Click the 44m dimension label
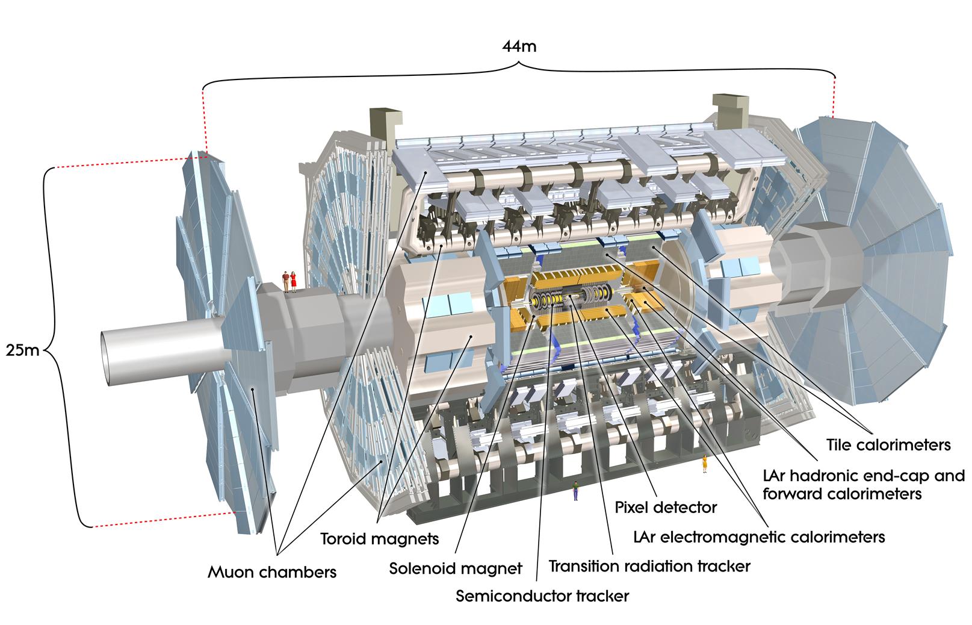tap(519, 46)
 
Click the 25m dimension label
tap(22, 349)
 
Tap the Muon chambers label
tap(272, 571)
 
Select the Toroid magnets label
tap(379, 538)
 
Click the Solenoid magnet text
tap(456, 568)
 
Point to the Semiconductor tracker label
tap(542, 596)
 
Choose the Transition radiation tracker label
tap(649, 566)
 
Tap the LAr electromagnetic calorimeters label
tap(760, 536)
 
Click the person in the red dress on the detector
tap(294, 281)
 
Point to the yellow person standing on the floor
tap(704, 464)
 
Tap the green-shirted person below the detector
tap(575, 490)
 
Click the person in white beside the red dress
tap(286, 281)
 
